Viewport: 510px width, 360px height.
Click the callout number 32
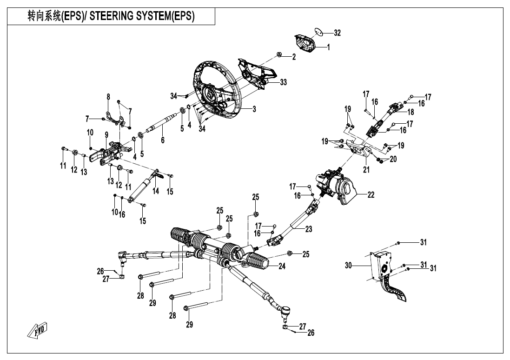337,33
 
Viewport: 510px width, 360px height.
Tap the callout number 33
283,82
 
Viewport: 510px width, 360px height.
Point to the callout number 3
254,109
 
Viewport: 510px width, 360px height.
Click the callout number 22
371,195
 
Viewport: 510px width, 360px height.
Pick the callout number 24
282,266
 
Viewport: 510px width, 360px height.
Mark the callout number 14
155,191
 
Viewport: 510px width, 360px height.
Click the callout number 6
163,140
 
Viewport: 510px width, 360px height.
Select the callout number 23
308,229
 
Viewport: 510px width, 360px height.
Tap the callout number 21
366,170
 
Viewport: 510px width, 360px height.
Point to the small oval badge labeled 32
318,32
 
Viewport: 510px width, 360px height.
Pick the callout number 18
410,113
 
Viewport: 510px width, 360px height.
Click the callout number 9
106,135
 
